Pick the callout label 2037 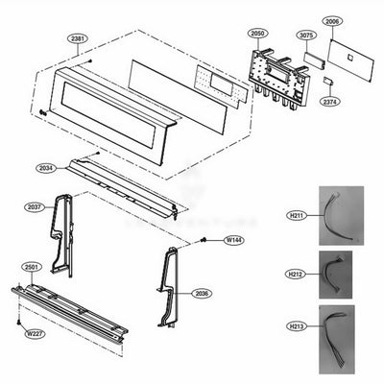[34, 205]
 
